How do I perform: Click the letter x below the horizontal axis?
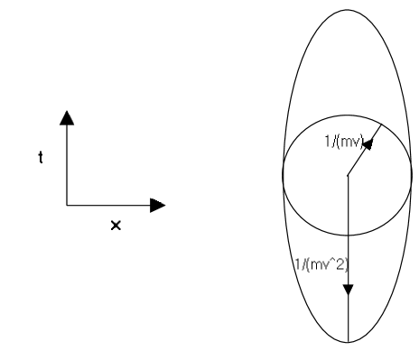click(x=115, y=225)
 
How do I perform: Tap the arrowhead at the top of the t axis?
click(x=67, y=115)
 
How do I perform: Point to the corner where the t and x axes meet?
click(x=67, y=205)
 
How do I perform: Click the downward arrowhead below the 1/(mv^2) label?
click(x=348, y=290)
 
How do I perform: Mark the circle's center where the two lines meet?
click(x=348, y=176)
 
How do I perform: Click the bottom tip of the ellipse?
click(x=348, y=342)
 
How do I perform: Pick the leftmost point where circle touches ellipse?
click(x=283, y=176)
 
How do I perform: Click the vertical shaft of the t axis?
click(x=67, y=162)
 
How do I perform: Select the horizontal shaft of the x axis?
click(x=108, y=205)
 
